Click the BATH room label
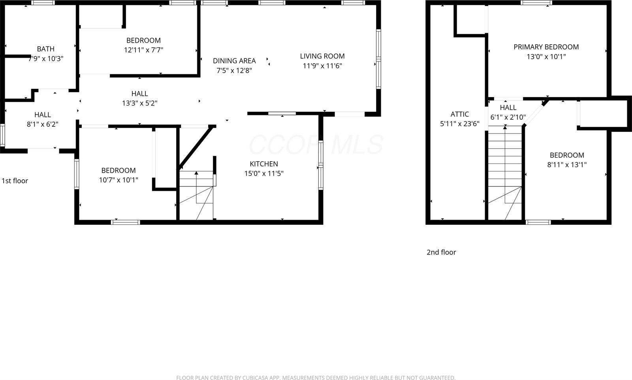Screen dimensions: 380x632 (45, 49)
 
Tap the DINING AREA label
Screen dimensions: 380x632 (234, 61)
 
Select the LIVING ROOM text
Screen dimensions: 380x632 (322, 56)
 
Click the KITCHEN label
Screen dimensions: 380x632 (263, 164)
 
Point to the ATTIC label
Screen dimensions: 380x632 (459, 114)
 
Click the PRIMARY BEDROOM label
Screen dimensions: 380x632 (546, 47)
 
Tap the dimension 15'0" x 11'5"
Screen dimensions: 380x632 (263, 173)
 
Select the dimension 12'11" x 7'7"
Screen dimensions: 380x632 (143, 50)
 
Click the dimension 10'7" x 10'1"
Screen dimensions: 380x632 (118, 180)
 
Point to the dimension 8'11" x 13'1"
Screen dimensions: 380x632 (566, 165)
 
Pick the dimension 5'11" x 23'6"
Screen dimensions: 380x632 (459, 124)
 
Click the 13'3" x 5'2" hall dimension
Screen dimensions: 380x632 (139, 103)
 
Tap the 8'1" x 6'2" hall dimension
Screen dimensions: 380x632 (42, 124)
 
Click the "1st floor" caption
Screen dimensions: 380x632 (15, 181)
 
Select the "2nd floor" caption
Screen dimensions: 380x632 (441, 252)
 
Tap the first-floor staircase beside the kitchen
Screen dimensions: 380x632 (196, 196)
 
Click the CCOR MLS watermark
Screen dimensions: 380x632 (316, 145)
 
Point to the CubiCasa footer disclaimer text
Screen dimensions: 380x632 (316, 378)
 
